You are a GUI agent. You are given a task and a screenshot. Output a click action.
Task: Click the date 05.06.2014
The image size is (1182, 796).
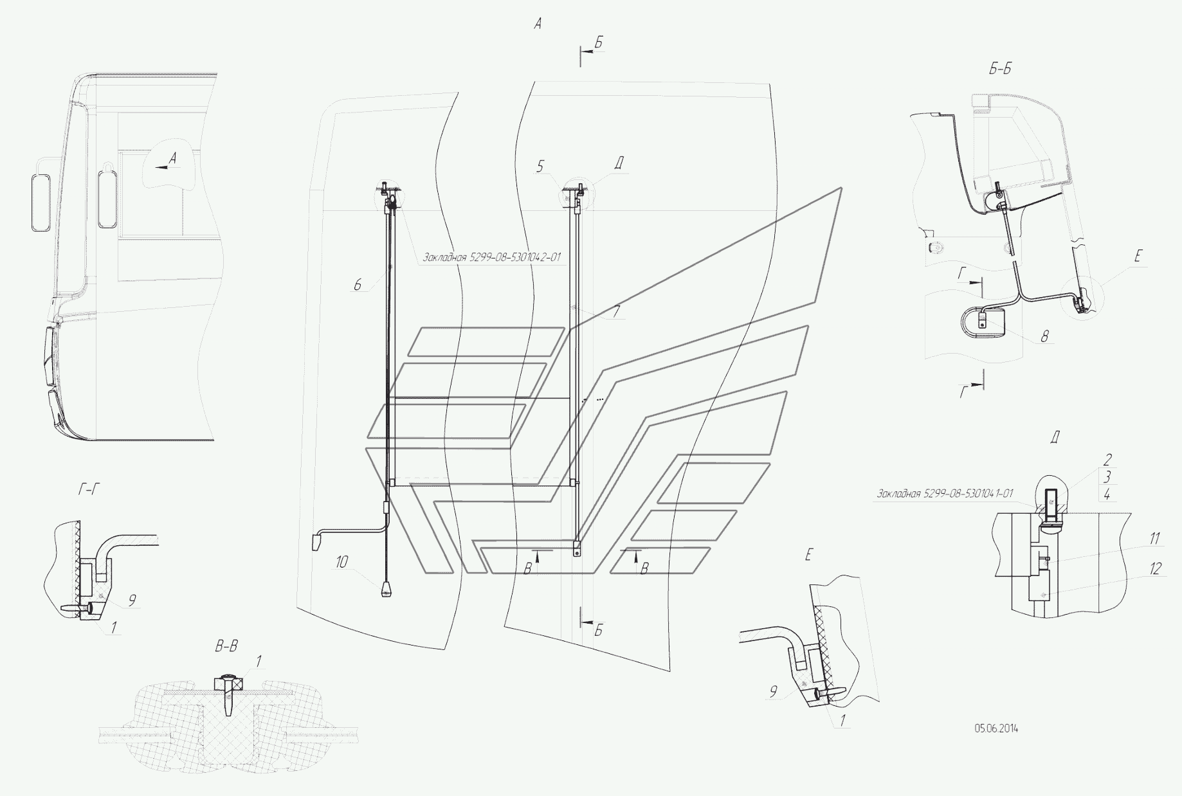(996, 728)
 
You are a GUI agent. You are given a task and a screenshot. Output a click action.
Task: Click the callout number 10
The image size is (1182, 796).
(341, 562)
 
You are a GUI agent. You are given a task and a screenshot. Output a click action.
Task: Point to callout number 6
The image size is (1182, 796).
(358, 284)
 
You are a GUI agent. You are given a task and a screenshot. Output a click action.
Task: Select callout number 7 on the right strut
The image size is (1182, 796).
(616, 312)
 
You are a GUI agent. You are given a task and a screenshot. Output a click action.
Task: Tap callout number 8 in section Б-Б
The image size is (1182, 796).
(1044, 335)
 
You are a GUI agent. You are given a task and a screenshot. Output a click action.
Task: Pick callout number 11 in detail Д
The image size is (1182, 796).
(1155, 538)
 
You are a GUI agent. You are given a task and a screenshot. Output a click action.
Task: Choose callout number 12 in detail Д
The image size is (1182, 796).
(1156, 568)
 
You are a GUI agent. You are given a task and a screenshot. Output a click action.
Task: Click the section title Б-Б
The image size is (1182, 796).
(1000, 69)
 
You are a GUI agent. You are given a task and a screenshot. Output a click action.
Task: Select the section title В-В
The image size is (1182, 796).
(226, 646)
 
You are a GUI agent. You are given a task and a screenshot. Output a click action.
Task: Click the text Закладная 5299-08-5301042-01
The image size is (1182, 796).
(491, 257)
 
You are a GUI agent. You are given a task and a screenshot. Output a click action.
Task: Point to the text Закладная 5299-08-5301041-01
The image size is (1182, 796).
(945, 494)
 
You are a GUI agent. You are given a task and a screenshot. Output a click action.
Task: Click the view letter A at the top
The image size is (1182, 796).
(538, 24)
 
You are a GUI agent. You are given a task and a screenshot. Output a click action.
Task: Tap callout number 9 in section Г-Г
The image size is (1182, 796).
(131, 601)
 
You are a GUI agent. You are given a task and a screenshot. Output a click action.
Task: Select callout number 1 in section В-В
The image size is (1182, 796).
(259, 660)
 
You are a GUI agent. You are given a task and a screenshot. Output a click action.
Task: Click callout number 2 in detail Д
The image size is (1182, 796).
(1107, 460)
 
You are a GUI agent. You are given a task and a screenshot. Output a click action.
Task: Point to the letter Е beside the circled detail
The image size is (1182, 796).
(1138, 257)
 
